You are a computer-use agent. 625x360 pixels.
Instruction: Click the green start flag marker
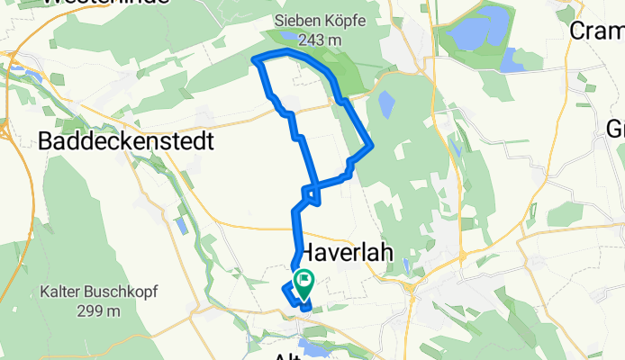[303, 281]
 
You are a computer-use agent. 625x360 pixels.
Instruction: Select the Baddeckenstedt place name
[126, 141]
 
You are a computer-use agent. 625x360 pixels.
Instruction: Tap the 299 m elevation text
[99, 311]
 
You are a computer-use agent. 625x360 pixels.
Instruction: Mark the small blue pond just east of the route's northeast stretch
[385, 106]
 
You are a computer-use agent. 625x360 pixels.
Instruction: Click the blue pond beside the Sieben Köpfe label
[287, 36]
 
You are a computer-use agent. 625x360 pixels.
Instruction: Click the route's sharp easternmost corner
[372, 146]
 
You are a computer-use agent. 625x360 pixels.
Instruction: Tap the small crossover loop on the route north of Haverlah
[311, 193]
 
